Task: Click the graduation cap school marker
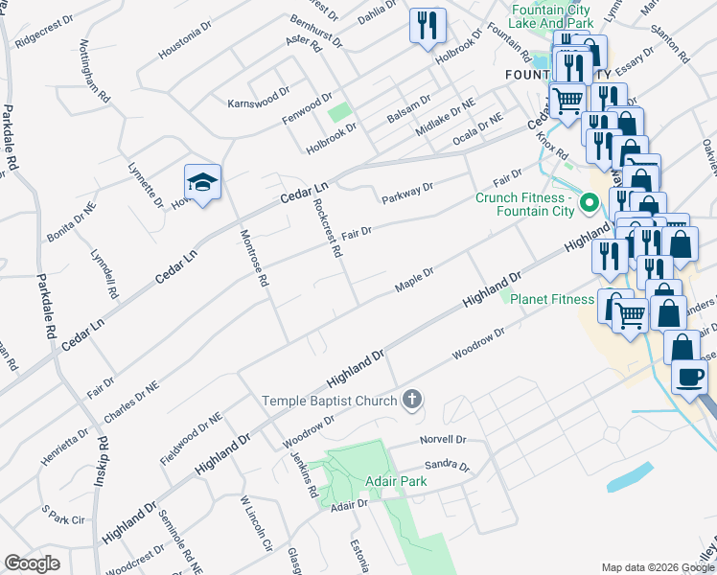202,182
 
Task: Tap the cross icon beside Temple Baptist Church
412,400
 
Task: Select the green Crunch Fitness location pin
590,203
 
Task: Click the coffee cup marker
690,377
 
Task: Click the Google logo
32,563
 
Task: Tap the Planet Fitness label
552,299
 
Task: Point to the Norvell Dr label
443,441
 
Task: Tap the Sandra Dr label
447,467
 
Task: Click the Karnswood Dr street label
257,99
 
